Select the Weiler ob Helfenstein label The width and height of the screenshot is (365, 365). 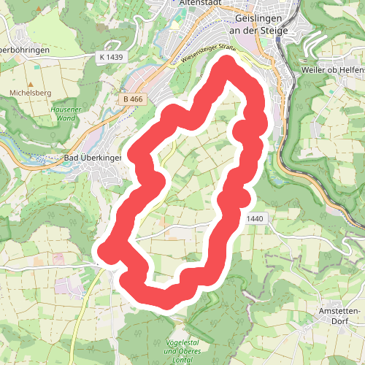point(332,70)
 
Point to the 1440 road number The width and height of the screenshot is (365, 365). point(255,218)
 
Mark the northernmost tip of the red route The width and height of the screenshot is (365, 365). point(226,64)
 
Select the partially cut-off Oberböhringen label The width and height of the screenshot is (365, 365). point(24,50)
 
